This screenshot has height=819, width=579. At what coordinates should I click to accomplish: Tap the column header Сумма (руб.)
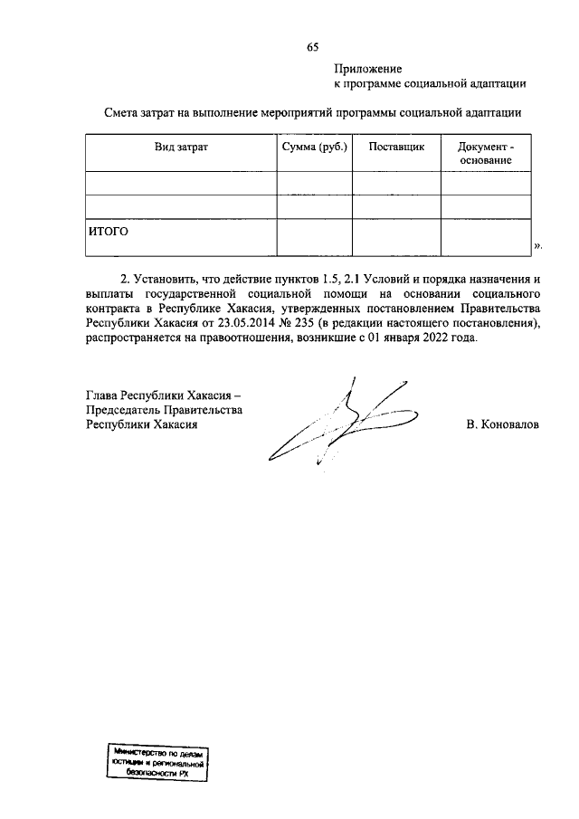tap(314, 147)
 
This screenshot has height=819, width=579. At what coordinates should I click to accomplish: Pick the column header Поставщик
tap(396, 147)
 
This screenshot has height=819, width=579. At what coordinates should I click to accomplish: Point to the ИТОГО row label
tap(109, 231)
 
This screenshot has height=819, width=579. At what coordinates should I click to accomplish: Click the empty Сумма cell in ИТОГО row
tap(314, 237)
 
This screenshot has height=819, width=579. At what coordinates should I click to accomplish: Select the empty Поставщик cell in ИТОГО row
tap(396, 237)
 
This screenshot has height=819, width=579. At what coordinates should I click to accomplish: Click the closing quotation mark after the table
tap(537, 245)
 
